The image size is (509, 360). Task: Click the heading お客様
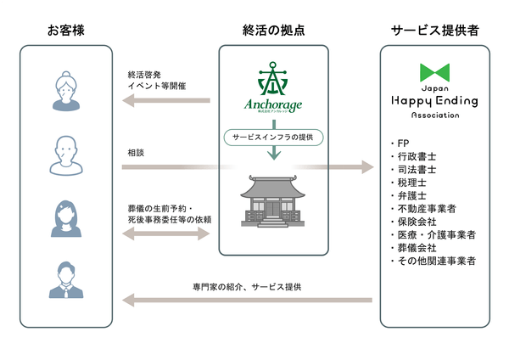66,31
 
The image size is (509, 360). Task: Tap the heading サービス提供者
435,31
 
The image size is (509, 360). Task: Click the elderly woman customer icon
66,89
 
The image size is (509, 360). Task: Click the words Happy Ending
435,101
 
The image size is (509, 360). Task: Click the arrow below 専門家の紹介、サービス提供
248,300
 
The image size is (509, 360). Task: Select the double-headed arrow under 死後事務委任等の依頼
166,233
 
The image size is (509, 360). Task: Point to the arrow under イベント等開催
166,100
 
